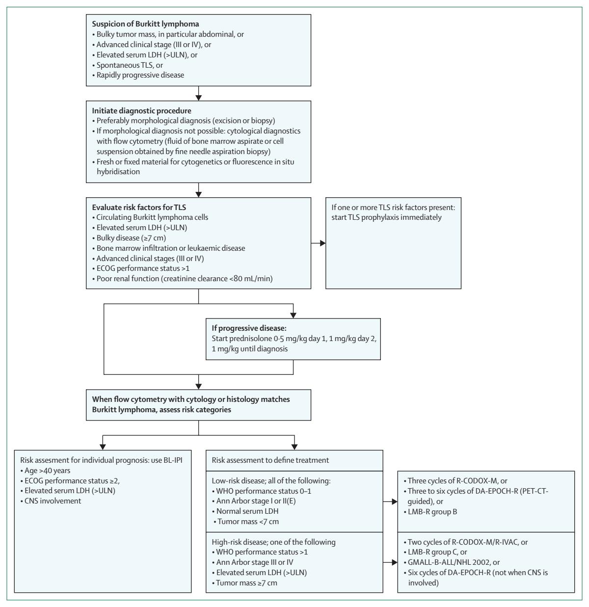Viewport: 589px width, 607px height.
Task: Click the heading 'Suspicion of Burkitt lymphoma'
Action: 145,24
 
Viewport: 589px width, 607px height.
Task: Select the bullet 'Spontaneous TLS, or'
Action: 128,65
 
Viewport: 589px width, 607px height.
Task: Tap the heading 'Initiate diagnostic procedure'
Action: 142,111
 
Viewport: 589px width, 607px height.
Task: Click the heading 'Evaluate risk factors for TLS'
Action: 139,208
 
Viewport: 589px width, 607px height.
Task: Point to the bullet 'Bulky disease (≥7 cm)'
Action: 129,238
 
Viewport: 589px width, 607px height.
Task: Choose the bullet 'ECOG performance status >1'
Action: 141,268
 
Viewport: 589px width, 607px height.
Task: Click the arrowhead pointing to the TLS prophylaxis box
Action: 323,243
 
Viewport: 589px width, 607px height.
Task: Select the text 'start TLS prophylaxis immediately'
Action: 386,217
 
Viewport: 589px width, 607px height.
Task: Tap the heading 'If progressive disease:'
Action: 249,328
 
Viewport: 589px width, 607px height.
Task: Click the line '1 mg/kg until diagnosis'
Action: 249,349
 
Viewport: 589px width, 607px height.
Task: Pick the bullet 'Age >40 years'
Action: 45,471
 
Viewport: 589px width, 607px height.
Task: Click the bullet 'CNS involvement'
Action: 51,501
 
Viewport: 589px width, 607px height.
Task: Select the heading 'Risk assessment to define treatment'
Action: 270,460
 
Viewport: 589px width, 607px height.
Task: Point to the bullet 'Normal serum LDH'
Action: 245,511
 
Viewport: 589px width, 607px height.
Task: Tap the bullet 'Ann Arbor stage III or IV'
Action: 253,562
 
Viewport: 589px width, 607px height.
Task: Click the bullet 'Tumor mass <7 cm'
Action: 246,522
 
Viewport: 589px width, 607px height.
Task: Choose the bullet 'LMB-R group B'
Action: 430,511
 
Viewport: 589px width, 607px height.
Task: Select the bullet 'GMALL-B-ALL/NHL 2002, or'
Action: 452,562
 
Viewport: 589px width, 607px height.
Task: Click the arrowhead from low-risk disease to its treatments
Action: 395,501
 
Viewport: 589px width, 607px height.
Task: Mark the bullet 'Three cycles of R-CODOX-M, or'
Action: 455,481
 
